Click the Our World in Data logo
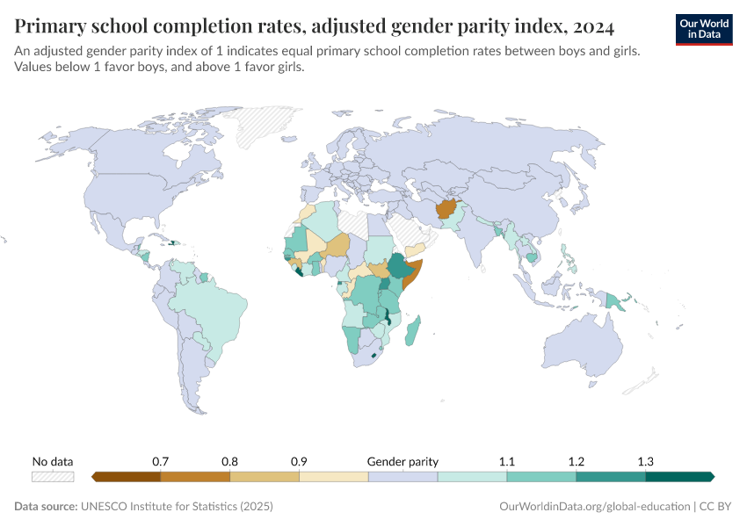point(703,28)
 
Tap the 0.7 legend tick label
point(161,461)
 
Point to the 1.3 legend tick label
point(645,461)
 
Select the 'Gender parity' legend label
point(403,461)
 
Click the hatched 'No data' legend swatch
point(53,477)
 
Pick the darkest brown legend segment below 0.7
point(126,477)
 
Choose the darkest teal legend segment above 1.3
point(678,477)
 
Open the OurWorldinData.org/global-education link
point(592,507)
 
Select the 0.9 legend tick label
point(299,461)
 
